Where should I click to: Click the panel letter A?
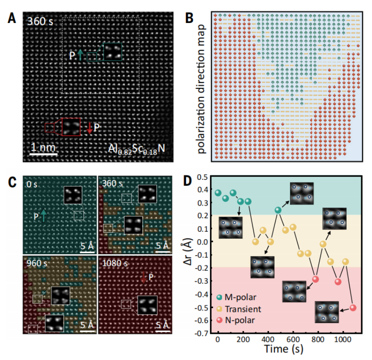tap(12, 18)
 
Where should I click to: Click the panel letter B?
tap(189, 18)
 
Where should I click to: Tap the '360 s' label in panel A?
tap(40, 22)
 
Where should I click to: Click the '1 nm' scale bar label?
tap(44, 147)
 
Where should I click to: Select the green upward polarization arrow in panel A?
tap(81, 55)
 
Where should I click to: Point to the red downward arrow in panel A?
tap(89, 128)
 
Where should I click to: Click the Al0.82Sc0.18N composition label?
tap(137, 149)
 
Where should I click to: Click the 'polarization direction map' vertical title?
tap(201, 89)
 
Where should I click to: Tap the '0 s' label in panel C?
tap(32, 184)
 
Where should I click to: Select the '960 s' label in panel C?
tap(37, 263)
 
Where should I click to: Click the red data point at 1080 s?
tap(353, 308)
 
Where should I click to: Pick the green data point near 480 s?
tap(278, 210)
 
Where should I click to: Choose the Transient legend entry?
tap(238, 309)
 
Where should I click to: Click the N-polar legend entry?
tap(236, 320)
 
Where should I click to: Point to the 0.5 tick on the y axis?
tap(202, 177)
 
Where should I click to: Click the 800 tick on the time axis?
tap(318, 339)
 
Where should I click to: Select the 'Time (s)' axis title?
tap(284, 349)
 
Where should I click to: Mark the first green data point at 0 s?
tap(218, 193)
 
